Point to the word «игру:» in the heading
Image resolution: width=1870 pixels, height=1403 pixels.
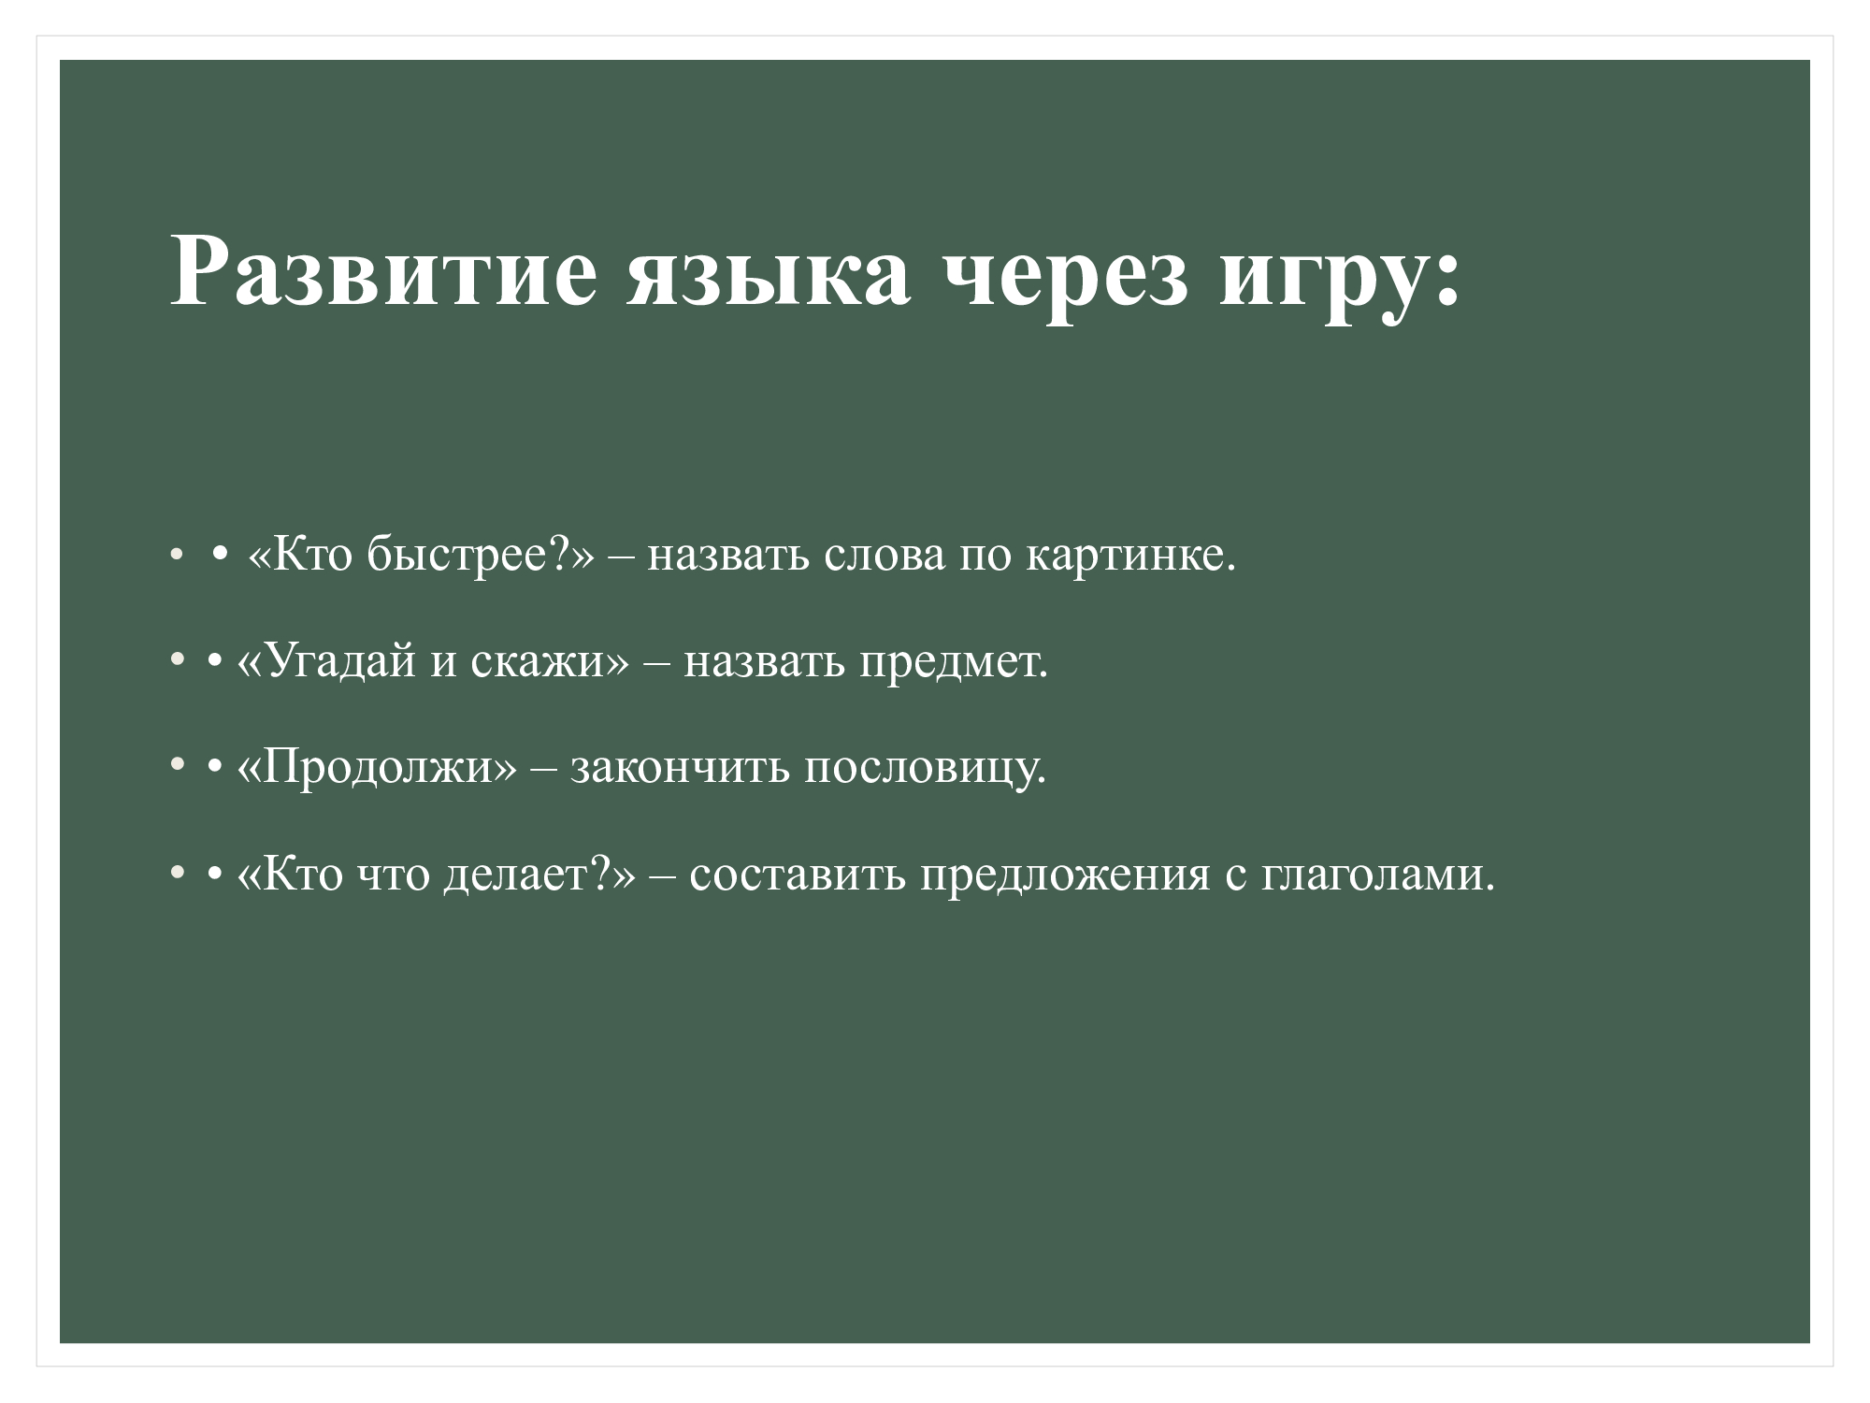pyautogui.click(x=1339, y=280)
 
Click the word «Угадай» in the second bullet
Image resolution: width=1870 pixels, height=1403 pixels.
pyautogui.click(x=340, y=663)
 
